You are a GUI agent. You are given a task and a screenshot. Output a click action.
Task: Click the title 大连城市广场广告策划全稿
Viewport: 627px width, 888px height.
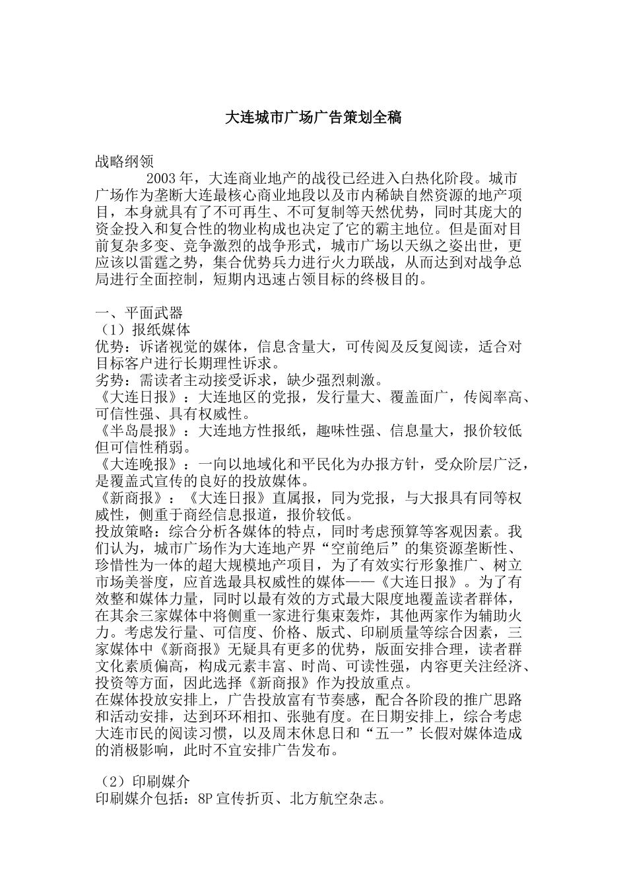tap(313, 118)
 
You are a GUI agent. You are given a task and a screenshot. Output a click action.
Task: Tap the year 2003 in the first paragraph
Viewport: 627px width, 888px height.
tap(160, 178)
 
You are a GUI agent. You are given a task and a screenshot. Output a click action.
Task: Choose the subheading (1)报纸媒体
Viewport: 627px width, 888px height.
tap(143, 330)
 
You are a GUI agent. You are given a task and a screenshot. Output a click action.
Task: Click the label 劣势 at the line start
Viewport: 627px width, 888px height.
tap(110, 381)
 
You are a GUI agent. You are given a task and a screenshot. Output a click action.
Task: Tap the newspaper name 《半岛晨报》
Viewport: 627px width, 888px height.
tap(137, 431)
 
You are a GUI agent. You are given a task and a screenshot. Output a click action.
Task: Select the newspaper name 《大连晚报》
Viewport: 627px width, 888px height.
tap(137, 464)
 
